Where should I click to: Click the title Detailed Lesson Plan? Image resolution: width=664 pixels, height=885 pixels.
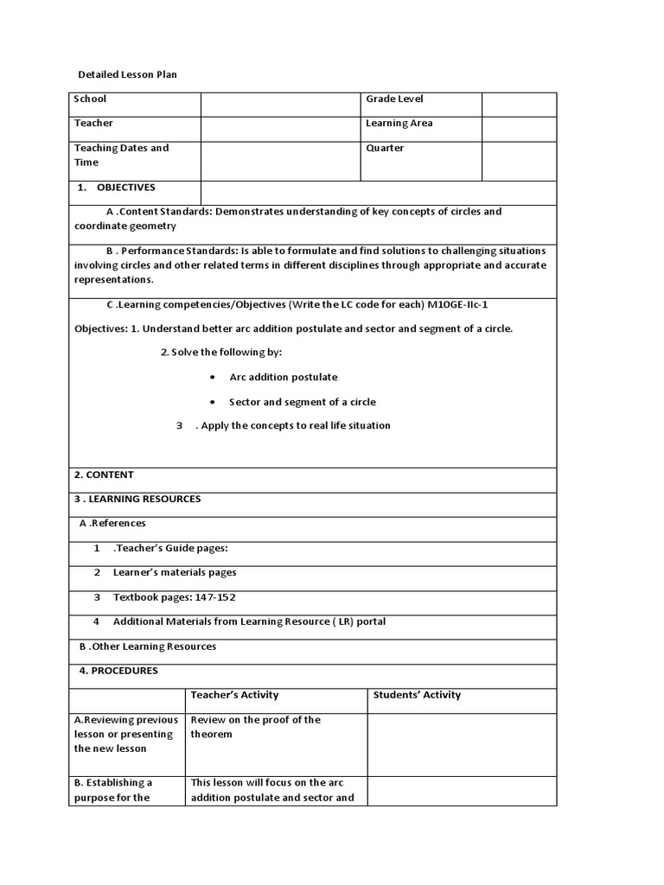[x=127, y=75]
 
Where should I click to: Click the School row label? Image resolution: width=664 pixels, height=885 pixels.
[x=90, y=99]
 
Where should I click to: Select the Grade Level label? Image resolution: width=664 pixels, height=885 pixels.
[x=394, y=99]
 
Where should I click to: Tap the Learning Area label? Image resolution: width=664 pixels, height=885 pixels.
[x=399, y=124]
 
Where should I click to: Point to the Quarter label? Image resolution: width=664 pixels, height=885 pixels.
[x=385, y=148]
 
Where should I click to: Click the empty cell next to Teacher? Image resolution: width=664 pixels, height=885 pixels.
[x=280, y=129]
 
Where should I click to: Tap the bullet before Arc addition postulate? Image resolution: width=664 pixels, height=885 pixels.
[x=214, y=378]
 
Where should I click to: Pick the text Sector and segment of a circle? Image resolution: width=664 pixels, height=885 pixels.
[x=302, y=402]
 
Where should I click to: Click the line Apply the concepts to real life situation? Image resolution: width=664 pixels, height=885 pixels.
[x=295, y=425]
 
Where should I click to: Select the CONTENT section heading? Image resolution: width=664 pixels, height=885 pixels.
[x=104, y=474]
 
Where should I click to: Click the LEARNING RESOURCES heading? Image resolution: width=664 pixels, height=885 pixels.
[x=137, y=499]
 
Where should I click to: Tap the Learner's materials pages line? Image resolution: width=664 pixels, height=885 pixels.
[x=174, y=572]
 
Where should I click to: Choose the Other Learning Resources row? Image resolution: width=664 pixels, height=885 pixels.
[x=148, y=646]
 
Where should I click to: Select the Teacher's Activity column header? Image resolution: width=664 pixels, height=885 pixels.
[x=234, y=695]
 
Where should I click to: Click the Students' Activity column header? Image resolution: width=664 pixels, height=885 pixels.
[x=417, y=695]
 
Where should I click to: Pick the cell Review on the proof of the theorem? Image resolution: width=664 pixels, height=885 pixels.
[x=255, y=727]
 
